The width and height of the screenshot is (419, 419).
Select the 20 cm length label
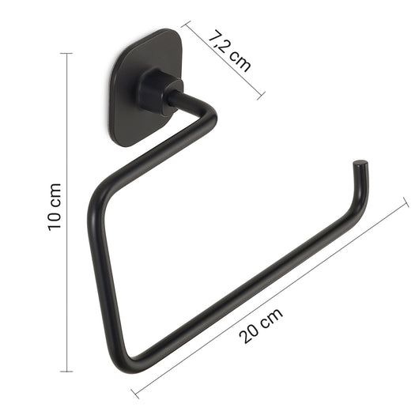click(x=262, y=323)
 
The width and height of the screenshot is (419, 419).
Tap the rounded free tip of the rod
click(x=360, y=165)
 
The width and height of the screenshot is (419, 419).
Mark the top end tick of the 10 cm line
click(x=66, y=54)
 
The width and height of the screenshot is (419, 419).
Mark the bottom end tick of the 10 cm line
click(x=66, y=370)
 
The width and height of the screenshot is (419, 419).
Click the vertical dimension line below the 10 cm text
click(x=66, y=300)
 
